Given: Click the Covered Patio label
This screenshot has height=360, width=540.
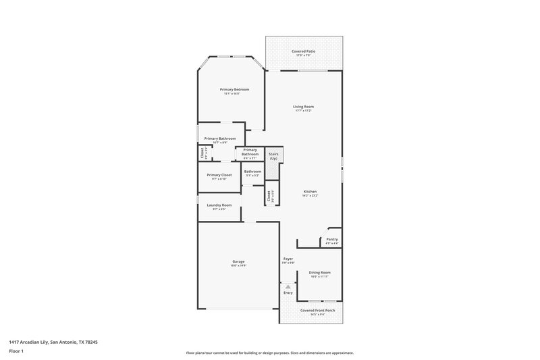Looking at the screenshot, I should (303, 51).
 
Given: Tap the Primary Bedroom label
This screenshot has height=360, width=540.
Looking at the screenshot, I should (234, 89).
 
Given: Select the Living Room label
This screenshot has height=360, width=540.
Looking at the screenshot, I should (303, 106).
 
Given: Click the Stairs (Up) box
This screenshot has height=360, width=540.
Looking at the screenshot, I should (273, 156).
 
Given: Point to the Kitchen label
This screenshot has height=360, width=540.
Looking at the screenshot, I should (310, 192).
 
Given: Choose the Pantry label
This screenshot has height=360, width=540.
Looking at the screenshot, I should (332, 239).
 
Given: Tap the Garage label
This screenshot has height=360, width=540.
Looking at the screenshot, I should (238, 261).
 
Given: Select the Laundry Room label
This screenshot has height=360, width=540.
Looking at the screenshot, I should (219, 205).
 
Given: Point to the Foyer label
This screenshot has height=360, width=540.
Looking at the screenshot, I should (288, 259).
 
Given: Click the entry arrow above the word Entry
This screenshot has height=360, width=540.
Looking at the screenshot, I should (288, 287).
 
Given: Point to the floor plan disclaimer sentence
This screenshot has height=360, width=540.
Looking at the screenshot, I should (269, 353).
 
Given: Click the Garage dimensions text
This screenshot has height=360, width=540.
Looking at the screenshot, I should (238, 265).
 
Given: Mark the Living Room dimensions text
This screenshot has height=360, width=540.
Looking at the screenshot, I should (303, 111).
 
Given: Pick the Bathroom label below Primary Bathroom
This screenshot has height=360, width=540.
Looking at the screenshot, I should (252, 171).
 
